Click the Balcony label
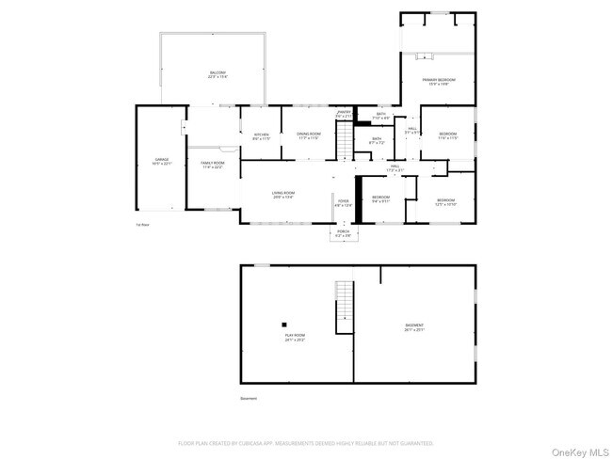(217, 74)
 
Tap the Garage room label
(162, 162)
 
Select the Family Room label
(212, 165)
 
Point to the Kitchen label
(261, 136)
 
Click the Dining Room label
(309, 136)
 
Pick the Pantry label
(344, 114)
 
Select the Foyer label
(344, 202)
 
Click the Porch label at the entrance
(344, 235)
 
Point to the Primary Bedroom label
(439, 82)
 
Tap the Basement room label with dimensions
(414, 327)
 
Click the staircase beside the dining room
(346, 141)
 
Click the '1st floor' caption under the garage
(143, 224)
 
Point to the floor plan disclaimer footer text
(306, 442)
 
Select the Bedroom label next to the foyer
(380, 198)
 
